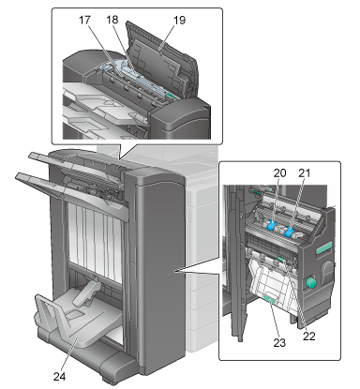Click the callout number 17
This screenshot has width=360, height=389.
tap(84, 21)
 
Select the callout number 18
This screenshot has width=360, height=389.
tap(112, 20)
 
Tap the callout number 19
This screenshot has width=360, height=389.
tap(179, 21)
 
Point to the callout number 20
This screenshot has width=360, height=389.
tap(280, 172)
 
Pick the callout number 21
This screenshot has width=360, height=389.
tap(305, 172)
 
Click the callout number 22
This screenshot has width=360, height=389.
tap(309, 337)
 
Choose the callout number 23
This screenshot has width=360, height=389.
tap(279, 343)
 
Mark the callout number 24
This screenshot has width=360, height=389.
tap(59, 377)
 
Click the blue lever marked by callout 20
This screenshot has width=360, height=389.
tap(271, 225)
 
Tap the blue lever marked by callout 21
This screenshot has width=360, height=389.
tap(291, 232)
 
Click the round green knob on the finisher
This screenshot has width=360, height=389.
tap(311, 283)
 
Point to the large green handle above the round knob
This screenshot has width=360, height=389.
tap(323, 248)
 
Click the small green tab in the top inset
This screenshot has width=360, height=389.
tap(171, 96)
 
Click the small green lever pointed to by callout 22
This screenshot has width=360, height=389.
tap(282, 261)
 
